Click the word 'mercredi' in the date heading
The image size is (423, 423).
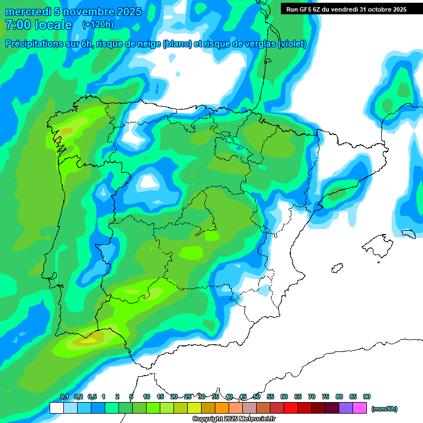(28, 12)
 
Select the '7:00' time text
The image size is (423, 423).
(17, 25)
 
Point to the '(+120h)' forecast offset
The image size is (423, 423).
(97, 25)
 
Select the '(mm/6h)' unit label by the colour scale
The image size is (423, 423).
(384, 409)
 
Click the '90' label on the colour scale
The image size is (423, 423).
(367, 397)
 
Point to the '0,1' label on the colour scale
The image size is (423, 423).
(64, 397)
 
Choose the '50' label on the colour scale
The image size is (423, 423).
(257, 397)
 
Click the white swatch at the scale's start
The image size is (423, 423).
(56, 408)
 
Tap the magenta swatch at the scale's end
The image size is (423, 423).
(360, 408)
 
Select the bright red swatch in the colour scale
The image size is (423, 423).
(291, 408)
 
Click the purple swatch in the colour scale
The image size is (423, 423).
(346, 408)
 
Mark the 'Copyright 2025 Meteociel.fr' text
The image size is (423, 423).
(234, 419)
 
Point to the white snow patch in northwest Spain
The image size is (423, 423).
(148, 181)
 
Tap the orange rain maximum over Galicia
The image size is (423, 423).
(66, 131)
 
